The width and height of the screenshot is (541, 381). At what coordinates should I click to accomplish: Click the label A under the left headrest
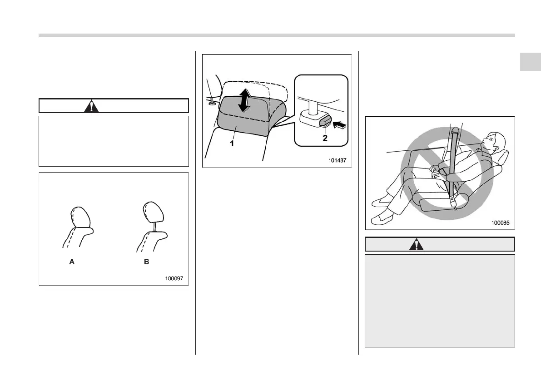[72, 262]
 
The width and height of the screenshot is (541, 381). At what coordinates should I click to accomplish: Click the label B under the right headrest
[147, 262]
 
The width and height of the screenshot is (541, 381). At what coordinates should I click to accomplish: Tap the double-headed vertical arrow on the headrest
[244, 100]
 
